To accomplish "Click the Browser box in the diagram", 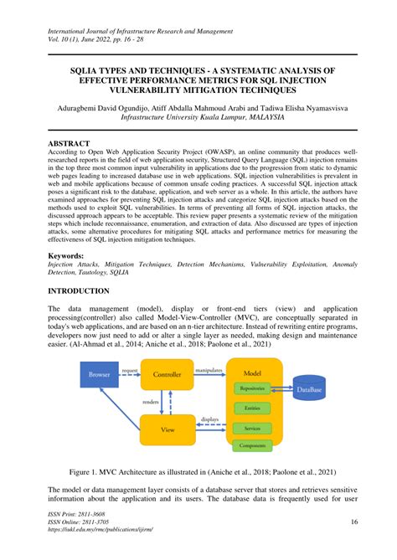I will click(100, 375).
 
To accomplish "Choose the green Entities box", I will click(252, 409).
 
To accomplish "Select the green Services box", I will click(252, 428).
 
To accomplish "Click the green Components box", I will click(252, 446).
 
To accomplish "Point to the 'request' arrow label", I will click(130, 369).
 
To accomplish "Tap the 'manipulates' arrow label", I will click(208, 368).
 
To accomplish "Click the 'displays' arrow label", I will click(211, 419).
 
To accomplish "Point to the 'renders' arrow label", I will click(151, 402).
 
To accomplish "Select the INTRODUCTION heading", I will click(90, 290).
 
